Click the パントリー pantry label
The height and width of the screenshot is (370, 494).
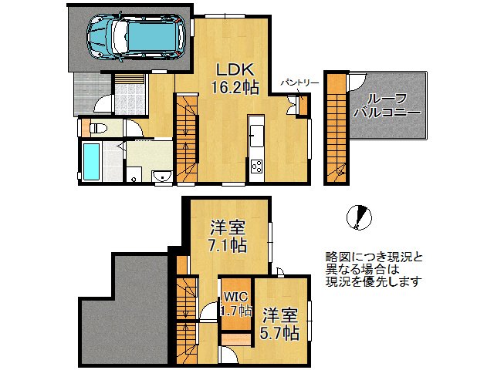(293, 81)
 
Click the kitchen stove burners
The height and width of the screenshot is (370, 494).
(255, 165)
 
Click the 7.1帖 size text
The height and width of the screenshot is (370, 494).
(228, 246)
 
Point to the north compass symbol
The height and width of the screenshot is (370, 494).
(357, 217)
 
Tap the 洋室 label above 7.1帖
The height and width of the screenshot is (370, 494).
(228, 227)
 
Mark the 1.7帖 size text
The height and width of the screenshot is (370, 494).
(235, 311)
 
